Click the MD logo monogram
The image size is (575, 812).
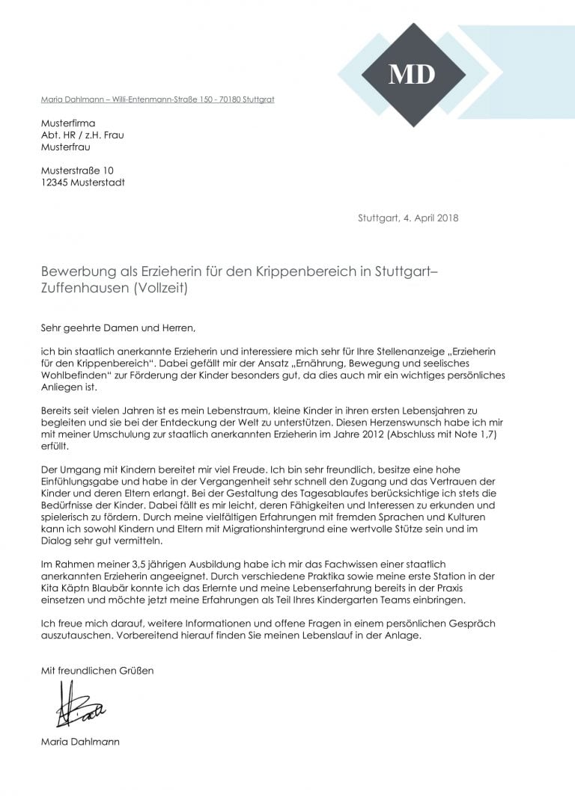[x=411, y=74]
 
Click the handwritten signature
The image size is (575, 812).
[x=79, y=704]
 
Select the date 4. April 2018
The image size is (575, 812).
[x=428, y=218]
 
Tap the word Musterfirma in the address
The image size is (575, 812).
[x=68, y=123]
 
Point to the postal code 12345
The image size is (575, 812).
[x=57, y=182]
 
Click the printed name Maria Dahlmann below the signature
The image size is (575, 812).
[x=80, y=742]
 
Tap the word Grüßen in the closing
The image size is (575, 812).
[x=136, y=671]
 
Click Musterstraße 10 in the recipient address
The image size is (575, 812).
[x=77, y=170]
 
